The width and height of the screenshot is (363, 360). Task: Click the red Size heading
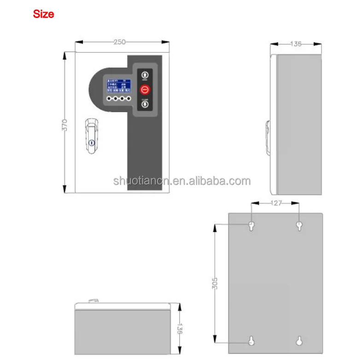click(x=43, y=14)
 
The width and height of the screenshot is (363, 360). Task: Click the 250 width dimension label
click(x=120, y=42)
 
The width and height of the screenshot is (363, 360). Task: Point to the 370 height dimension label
click(x=65, y=125)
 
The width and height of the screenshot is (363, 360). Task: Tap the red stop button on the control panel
click(x=145, y=89)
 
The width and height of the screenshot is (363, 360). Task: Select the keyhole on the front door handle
click(x=92, y=144)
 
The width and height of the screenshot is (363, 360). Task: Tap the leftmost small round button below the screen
click(x=109, y=99)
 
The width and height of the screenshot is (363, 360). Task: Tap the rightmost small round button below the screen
click(x=129, y=99)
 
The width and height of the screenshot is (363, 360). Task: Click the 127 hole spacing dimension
click(x=275, y=203)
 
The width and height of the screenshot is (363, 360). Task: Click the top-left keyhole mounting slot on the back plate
click(x=252, y=226)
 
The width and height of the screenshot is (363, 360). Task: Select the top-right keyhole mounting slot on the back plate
click(x=299, y=226)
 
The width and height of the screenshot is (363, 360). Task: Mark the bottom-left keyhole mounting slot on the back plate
click(x=252, y=341)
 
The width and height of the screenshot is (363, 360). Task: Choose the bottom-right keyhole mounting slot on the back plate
click(x=299, y=341)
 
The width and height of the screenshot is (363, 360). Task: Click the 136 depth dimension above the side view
click(x=296, y=44)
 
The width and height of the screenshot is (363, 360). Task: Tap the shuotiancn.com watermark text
click(x=182, y=181)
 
